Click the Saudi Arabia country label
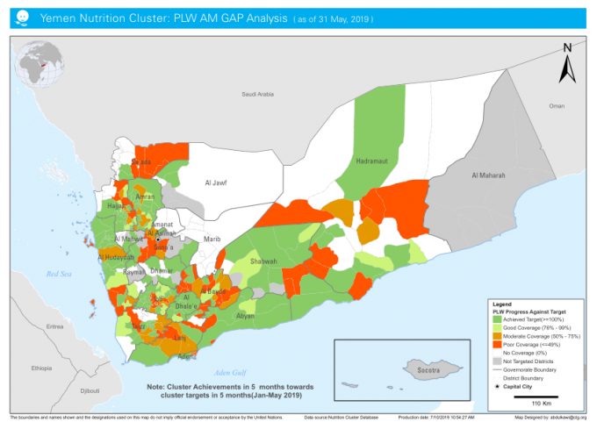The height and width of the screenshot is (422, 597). tap(259, 94)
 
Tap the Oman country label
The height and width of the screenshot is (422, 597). tap(556, 105)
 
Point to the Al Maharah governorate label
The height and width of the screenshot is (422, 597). tap(490, 175)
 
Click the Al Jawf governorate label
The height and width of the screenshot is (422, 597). tap(216, 182)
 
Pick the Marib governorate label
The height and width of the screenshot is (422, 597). tap(212, 238)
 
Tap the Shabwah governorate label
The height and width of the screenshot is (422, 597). tap(263, 261)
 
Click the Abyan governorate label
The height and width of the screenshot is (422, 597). tap(245, 315)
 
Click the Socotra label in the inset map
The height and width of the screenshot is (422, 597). tap(428, 372)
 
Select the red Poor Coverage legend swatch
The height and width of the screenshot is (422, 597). tap(495, 345)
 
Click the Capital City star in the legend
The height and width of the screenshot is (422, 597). tap(497, 385)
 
